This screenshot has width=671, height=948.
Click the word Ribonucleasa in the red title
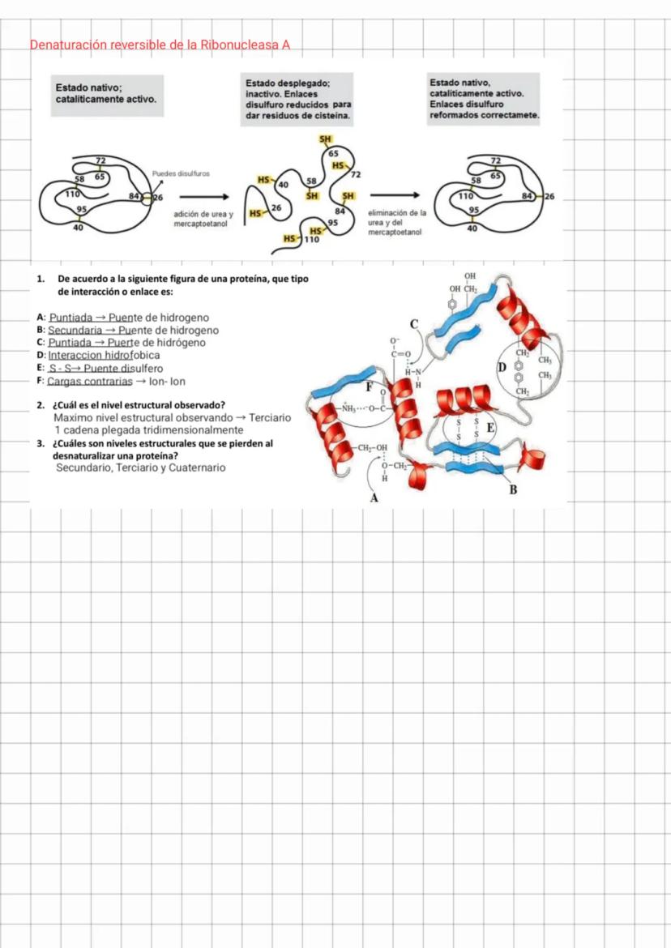tap(239, 45)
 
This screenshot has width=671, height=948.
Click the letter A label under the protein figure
tap(374, 497)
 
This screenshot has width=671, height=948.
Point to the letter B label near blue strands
tap(512, 489)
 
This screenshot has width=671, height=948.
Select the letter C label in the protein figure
tap(414, 325)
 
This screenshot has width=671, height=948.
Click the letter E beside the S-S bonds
tap(489, 428)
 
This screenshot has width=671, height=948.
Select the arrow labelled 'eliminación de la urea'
tap(395, 194)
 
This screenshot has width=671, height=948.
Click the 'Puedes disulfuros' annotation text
tap(181, 173)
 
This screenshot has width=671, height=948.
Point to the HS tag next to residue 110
tap(289, 239)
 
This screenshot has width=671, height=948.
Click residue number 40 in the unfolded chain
tap(284, 185)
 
